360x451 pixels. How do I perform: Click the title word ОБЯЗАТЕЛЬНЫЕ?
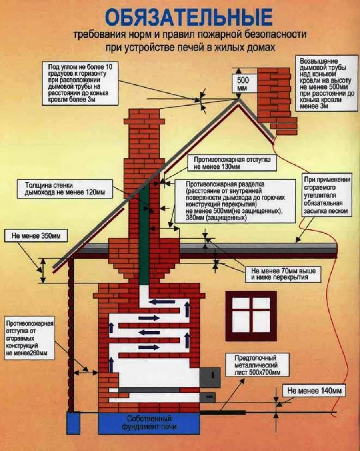click(189, 17)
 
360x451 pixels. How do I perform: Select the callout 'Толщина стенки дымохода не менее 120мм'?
click(65, 189)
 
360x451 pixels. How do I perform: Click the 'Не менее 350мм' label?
click(36, 236)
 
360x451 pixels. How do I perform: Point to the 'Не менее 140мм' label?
click(314, 391)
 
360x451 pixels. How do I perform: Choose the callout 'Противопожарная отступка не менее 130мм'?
click(232, 163)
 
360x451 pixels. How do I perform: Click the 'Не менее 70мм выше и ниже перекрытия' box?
click(283, 274)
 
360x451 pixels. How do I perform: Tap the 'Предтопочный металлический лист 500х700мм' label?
click(257, 365)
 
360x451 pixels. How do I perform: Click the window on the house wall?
click(251, 316)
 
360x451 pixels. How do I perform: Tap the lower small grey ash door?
click(208, 398)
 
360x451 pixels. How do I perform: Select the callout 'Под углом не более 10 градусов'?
click(80, 83)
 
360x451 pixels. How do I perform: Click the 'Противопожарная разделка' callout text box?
click(235, 201)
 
